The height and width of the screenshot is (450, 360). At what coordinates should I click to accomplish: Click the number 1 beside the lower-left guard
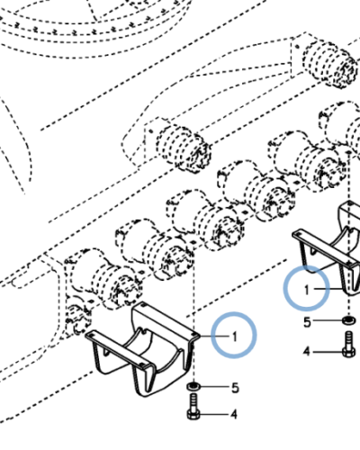pyautogui.click(x=235, y=337)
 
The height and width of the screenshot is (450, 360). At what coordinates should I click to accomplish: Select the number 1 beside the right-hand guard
pyautogui.click(x=306, y=290)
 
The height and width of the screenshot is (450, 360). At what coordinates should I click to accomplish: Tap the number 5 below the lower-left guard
pyautogui.click(x=235, y=388)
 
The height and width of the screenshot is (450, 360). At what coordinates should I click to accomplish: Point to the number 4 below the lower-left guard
pyautogui.click(x=234, y=415)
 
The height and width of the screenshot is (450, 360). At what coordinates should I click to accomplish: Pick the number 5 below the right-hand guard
pyautogui.click(x=307, y=322)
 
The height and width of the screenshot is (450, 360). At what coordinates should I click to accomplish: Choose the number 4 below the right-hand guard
pyautogui.click(x=306, y=351)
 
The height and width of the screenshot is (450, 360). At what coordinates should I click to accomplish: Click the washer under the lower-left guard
pyautogui.click(x=193, y=386)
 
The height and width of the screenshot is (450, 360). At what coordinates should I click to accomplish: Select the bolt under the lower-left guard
pyautogui.click(x=193, y=406)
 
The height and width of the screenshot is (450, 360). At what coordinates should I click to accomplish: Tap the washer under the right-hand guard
pyautogui.click(x=348, y=320)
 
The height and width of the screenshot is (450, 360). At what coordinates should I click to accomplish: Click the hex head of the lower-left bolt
pyautogui.click(x=193, y=414)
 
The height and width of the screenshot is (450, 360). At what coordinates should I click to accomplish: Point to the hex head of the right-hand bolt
pyautogui.click(x=349, y=352)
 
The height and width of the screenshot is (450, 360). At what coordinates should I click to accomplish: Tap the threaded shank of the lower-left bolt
pyautogui.click(x=193, y=401)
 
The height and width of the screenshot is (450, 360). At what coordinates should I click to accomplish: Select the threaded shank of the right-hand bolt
pyautogui.click(x=349, y=339)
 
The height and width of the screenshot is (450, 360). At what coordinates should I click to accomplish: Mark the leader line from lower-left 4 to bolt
pyautogui.click(x=214, y=415)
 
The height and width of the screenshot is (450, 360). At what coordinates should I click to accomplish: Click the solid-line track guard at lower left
pyautogui.click(x=141, y=349)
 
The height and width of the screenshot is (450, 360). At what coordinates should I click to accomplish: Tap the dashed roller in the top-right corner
pyautogui.click(x=330, y=64)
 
